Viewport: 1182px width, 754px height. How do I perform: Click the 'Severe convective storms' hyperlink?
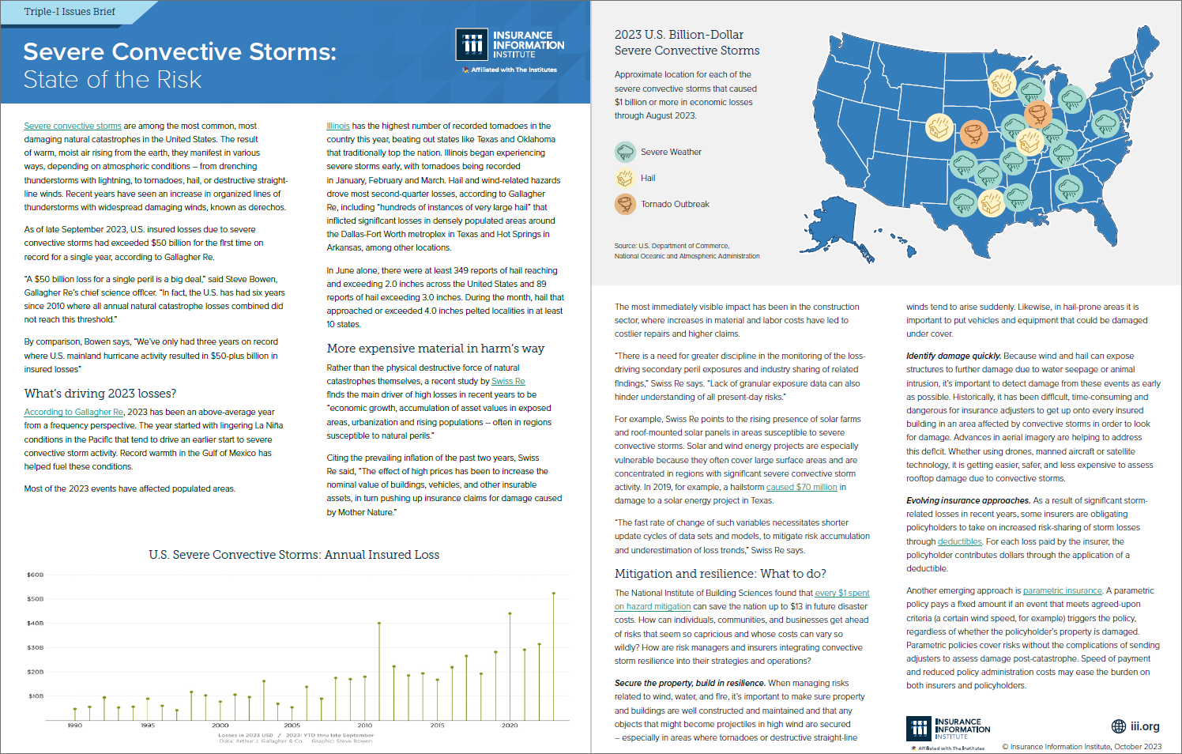tap(73, 126)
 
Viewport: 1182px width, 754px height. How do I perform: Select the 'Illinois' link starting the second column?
tap(338, 126)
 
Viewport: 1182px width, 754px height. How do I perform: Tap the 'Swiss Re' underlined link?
tap(508, 381)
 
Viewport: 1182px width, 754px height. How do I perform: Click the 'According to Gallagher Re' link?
tap(73, 412)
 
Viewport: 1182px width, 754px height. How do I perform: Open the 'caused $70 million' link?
tap(801, 487)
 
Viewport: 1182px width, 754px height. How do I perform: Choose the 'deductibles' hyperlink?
tap(959, 541)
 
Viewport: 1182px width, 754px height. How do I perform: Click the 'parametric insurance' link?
tap(1062, 590)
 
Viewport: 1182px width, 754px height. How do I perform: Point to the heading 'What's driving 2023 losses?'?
tap(100, 393)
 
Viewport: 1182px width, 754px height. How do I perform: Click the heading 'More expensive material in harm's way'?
tap(435, 349)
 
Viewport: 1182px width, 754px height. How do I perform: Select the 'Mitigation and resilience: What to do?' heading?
tap(721, 574)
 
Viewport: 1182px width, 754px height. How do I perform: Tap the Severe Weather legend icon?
tap(625, 152)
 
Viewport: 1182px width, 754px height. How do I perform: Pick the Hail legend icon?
tap(625, 178)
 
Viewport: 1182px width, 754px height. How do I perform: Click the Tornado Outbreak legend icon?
tap(625, 204)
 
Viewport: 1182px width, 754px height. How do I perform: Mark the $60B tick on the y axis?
tap(36, 575)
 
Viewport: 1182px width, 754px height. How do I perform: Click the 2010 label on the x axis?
tap(364, 725)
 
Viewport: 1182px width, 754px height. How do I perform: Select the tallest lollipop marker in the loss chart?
tap(554, 593)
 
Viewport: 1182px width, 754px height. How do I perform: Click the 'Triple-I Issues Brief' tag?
tap(70, 12)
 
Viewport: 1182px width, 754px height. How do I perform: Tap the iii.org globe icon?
tap(1119, 726)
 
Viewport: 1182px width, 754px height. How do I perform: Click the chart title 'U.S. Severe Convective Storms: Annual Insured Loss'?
tap(294, 555)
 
